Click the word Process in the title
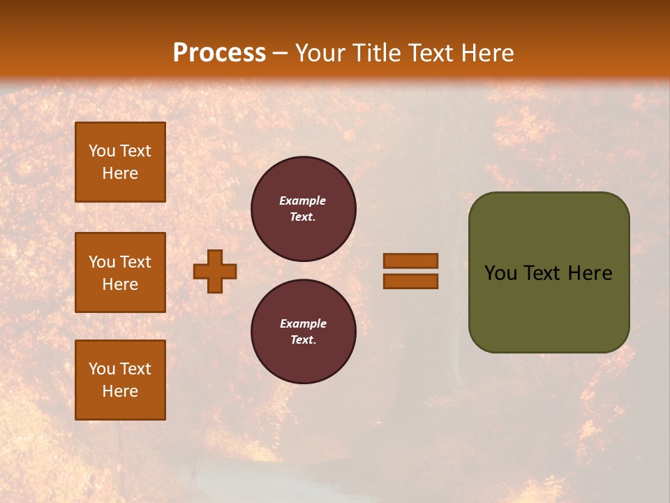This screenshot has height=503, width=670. (219, 53)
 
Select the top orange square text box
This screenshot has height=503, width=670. (120, 162)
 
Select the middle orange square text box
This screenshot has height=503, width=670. (120, 272)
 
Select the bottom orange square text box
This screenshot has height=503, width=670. (120, 380)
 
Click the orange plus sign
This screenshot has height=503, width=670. (215, 271)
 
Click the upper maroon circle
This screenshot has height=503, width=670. (304, 209)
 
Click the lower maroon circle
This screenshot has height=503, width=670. (304, 332)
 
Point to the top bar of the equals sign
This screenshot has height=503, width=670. (410, 261)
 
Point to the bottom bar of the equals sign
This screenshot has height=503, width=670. (410, 282)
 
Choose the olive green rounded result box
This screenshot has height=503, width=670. (549, 307)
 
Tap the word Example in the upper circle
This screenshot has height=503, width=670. (303, 201)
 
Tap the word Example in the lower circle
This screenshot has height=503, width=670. (303, 323)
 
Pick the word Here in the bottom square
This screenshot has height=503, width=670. (120, 391)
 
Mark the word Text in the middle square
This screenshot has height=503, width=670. (135, 262)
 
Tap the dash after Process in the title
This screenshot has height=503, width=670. (281, 54)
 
